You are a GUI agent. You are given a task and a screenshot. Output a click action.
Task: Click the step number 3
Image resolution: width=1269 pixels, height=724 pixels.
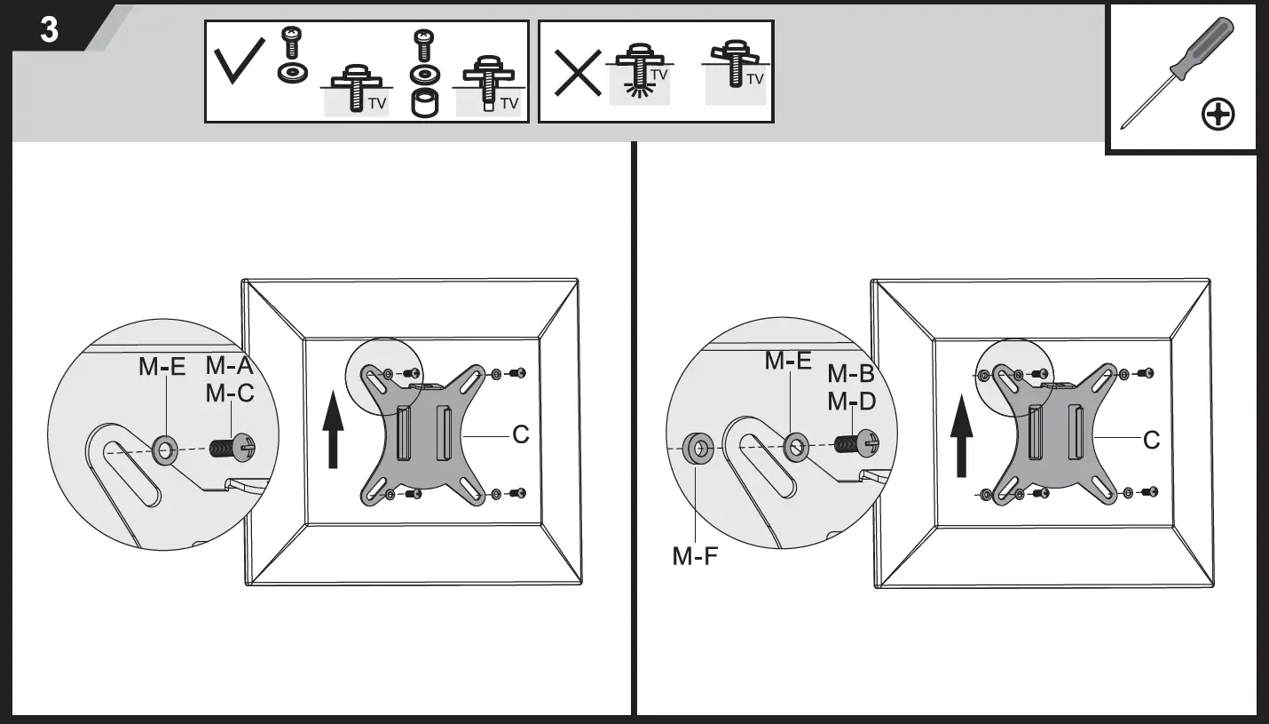[x=50, y=29]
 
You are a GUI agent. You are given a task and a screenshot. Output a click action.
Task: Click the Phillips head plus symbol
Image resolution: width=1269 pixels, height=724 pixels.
[x=1218, y=115]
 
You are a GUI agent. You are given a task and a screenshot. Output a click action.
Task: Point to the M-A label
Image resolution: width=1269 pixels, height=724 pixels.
[x=230, y=365]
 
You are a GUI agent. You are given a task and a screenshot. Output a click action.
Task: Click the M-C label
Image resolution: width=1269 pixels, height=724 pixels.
[x=230, y=393]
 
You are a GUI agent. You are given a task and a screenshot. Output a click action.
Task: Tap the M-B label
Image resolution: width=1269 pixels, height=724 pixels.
[x=851, y=374]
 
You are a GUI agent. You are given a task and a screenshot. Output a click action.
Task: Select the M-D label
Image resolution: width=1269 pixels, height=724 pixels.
[x=851, y=402]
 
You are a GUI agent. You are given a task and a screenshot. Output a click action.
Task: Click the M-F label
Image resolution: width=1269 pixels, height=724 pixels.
[x=695, y=557]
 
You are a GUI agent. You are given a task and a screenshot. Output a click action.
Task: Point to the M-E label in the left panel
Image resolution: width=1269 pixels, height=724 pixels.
[x=162, y=366]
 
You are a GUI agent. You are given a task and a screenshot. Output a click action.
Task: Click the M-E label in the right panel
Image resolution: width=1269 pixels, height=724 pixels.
[x=788, y=361]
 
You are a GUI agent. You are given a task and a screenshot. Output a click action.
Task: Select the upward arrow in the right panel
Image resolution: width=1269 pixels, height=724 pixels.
[x=961, y=439]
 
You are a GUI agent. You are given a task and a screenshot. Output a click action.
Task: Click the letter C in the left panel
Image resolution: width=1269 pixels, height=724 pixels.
[x=520, y=435]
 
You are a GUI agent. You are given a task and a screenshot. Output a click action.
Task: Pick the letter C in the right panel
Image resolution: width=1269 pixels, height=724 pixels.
[x=1151, y=440]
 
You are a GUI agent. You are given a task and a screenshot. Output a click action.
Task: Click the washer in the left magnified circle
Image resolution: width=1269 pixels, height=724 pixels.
[x=164, y=450]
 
